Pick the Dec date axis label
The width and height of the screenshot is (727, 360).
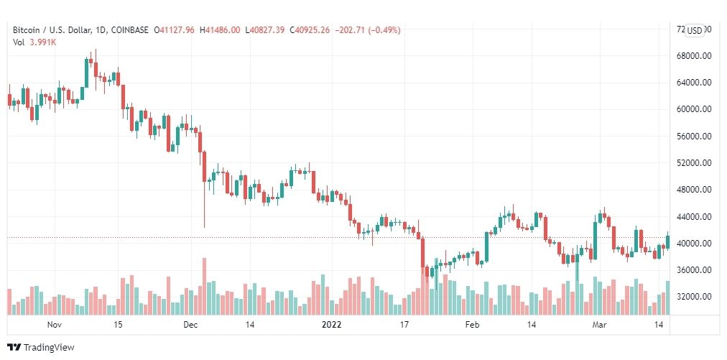click(190, 325)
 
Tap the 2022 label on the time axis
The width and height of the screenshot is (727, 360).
click(332, 325)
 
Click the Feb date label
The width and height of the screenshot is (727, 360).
click(471, 325)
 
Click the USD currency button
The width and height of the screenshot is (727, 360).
click(695, 30)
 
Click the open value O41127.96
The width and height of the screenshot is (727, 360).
click(175, 30)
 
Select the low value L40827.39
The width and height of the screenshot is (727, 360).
click(265, 30)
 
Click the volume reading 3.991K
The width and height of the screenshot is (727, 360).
click(43, 42)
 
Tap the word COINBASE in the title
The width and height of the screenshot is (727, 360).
click(128, 30)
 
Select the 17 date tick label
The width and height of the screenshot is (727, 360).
click(404, 325)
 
